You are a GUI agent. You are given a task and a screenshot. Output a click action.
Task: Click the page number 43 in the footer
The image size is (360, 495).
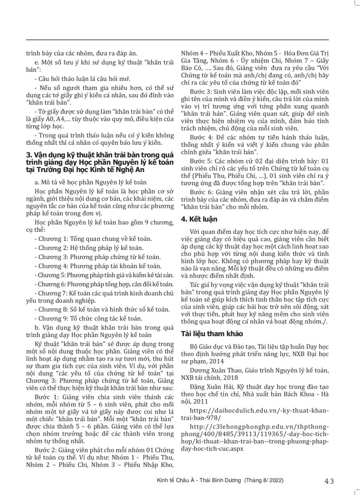click(329, 481)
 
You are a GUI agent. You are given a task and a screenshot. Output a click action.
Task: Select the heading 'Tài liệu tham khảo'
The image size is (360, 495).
click(210, 333)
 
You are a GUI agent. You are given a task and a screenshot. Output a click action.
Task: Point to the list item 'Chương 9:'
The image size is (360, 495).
click(87, 318)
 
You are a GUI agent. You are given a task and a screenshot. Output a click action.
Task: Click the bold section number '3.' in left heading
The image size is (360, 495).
click(29, 154)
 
